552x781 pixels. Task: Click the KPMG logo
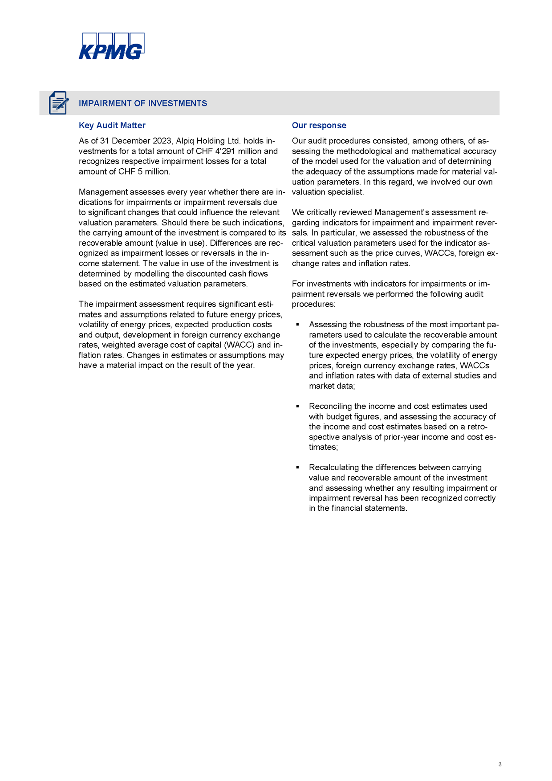(x=111, y=46)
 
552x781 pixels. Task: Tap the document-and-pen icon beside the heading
(x=58, y=103)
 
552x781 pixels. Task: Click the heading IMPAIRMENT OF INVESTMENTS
(x=143, y=103)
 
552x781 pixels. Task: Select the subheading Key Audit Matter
(x=112, y=126)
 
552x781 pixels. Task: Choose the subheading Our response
(x=319, y=126)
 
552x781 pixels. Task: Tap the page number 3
(x=500, y=765)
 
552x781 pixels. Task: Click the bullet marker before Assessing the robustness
(x=297, y=325)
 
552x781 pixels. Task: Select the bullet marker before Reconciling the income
(x=297, y=407)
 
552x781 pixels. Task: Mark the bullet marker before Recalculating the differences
(x=297, y=468)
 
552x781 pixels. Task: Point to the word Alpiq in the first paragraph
(x=185, y=141)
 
